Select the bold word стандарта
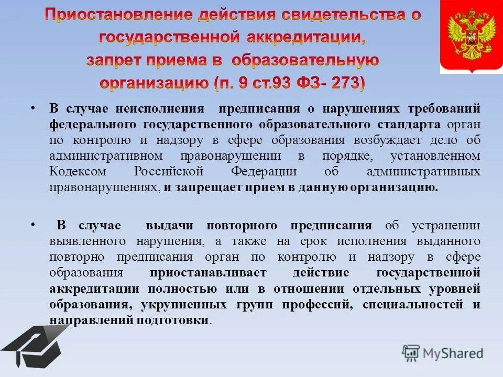point(411,125)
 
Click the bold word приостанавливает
point(208,273)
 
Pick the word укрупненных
point(170,305)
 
